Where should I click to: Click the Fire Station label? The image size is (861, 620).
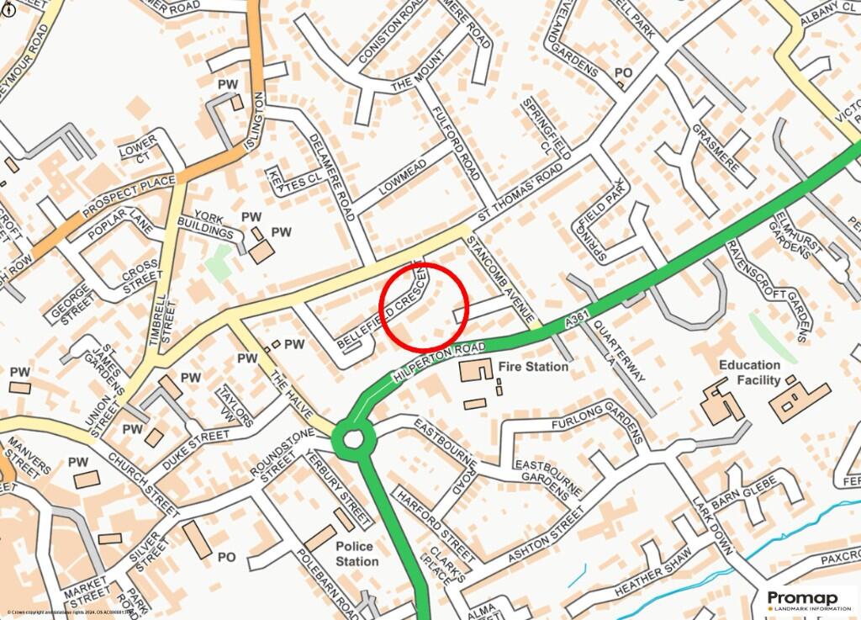click(x=533, y=367)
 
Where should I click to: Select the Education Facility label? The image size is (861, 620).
click(x=749, y=372)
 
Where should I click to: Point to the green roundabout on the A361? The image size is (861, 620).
click(x=351, y=437)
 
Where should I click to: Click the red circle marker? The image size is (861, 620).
click(x=425, y=307)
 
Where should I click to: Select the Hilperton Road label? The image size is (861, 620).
click(x=438, y=358)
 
